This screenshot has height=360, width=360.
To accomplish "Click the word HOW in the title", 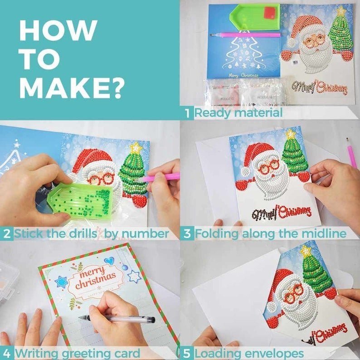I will [x=58, y=30].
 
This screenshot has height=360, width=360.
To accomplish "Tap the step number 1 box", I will [x=187, y=113].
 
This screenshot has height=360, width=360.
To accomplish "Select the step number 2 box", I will [x=7, y=234].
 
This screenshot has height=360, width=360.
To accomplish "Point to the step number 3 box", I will [x=187, y=234].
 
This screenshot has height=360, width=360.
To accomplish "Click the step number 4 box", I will [x=7, y=353].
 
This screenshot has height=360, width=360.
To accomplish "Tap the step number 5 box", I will [x=187, y=353].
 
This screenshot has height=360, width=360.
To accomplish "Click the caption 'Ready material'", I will [x=238, y=113].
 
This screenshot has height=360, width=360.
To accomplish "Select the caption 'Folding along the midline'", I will [x=271, y=234].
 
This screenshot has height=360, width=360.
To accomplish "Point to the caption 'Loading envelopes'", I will [x=249, y=353].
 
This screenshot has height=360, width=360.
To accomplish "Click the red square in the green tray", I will [x=270, y=11].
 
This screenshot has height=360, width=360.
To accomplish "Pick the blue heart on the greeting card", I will [x=109, y=262].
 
